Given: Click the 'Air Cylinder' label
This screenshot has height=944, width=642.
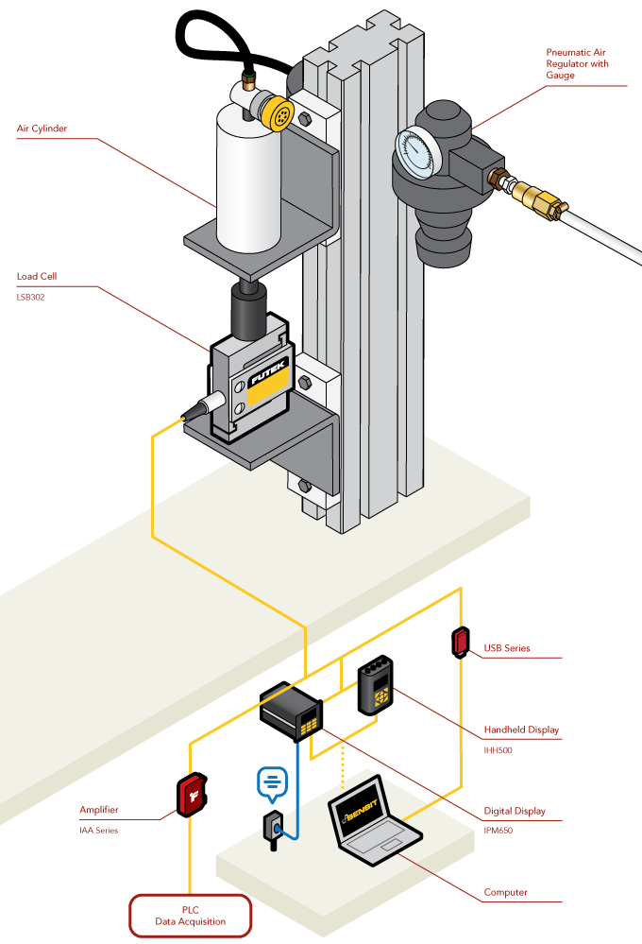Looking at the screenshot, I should (42, 128).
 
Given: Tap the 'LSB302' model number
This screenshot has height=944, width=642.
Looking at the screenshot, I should (31, 296).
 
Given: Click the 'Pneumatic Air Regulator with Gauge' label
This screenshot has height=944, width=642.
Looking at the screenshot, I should (577, 63).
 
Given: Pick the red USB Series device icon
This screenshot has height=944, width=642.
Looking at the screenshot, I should (461, 642).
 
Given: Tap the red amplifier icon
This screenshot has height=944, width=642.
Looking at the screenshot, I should (191, 796).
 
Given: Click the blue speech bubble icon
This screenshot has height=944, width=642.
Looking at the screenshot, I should (272, 781).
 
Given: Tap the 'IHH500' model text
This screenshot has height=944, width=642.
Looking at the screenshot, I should (498, 747).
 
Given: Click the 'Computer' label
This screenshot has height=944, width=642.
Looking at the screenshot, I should (505, 891).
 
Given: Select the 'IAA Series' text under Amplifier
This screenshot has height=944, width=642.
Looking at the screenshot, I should (99, 830).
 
